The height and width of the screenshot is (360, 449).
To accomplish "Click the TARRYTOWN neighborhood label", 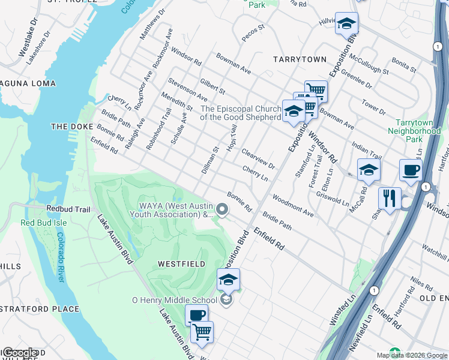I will coord(300,59).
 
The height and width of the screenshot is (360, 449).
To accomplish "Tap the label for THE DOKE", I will coord(70,127).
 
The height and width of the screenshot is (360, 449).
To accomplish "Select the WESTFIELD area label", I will coord(181,263).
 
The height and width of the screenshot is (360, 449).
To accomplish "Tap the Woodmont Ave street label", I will coord(293,205).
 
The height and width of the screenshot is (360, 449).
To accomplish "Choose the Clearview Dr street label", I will coord(258,158).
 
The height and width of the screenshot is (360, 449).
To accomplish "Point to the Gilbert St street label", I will coord(212,83).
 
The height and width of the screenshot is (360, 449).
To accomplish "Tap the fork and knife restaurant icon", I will coord(390,198).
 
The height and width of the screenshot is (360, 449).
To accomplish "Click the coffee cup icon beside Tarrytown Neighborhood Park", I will coord(411,170).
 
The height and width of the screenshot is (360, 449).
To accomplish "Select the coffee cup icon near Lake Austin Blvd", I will coord(196,315).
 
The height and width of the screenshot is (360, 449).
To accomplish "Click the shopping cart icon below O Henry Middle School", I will coord(202,332).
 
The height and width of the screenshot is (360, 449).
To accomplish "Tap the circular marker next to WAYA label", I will coord(223,209).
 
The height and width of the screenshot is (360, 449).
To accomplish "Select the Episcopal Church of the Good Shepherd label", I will coord(241,113).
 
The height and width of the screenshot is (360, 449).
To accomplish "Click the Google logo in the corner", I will coord(19,353).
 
